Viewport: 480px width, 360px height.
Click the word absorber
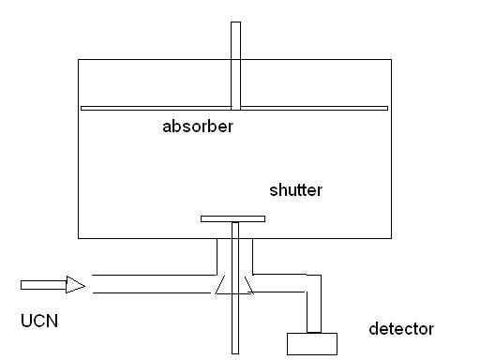(197, 127)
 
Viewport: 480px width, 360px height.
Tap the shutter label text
(295, 190)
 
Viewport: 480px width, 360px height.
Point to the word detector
(401, 329)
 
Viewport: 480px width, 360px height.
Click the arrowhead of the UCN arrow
(76, 284)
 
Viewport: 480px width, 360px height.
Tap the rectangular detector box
(312, 344)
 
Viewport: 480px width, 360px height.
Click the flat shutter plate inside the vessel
(232, 218)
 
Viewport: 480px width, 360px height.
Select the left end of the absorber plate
(83, 108)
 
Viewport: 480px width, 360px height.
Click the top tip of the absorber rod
(235, 23)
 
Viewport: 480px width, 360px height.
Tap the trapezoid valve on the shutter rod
(232, 285)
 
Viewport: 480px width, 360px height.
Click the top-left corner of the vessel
(78, 61)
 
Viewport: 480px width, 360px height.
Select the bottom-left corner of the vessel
(78, 236)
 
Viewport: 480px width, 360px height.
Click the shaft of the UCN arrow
(43, 284)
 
